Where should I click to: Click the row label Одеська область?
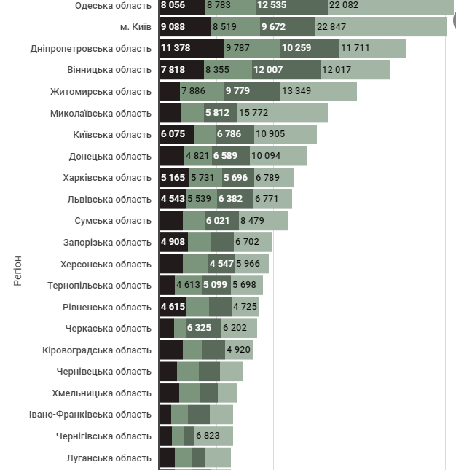(x=113, y=6)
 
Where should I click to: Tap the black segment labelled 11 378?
(x=176, y=49)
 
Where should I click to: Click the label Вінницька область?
(x=109, y=70)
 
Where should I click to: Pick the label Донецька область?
(x=110, y=156)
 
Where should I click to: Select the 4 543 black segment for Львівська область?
(x=173, y=199)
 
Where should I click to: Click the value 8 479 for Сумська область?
(x=252, y=221)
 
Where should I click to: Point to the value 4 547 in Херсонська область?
(x=221, y=264)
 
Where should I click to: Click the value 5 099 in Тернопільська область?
(x=216, y=285)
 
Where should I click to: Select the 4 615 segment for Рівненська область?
(x=173, y=307)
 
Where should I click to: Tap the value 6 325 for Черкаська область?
(x=199, y=328)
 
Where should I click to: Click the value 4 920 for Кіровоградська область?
(x=239, y=350)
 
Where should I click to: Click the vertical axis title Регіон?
(x=18, y=270)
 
